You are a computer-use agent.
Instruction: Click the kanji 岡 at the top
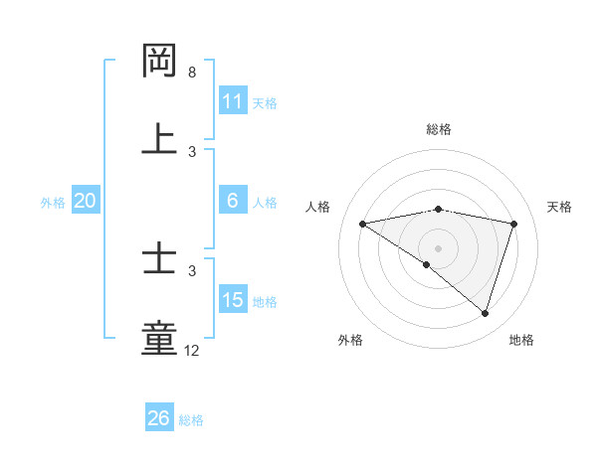(160, 61)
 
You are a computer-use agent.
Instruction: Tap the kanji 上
(160, 137)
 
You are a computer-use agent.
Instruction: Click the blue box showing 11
(233, 100)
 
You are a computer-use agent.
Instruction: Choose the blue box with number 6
(233, 201)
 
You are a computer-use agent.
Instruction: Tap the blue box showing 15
(233, 300)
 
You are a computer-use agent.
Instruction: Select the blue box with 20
(85, 201)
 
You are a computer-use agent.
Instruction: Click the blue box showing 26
(158, 418)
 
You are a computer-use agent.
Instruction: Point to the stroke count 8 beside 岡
(192, 73)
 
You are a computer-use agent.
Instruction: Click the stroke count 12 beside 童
(192, 350)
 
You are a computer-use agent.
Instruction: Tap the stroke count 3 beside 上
(192, 151)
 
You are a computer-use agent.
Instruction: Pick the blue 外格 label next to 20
(53, 202)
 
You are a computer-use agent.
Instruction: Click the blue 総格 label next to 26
(191, 419)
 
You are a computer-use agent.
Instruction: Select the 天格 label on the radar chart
(559, 207)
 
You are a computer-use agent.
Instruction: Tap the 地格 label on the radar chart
(521, 340)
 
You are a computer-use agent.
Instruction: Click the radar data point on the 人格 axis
(363, 224)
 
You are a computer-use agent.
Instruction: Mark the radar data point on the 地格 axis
(485, 313)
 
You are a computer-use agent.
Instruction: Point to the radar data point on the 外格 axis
(427, 264)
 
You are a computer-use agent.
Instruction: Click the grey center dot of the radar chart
(438, 247)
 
